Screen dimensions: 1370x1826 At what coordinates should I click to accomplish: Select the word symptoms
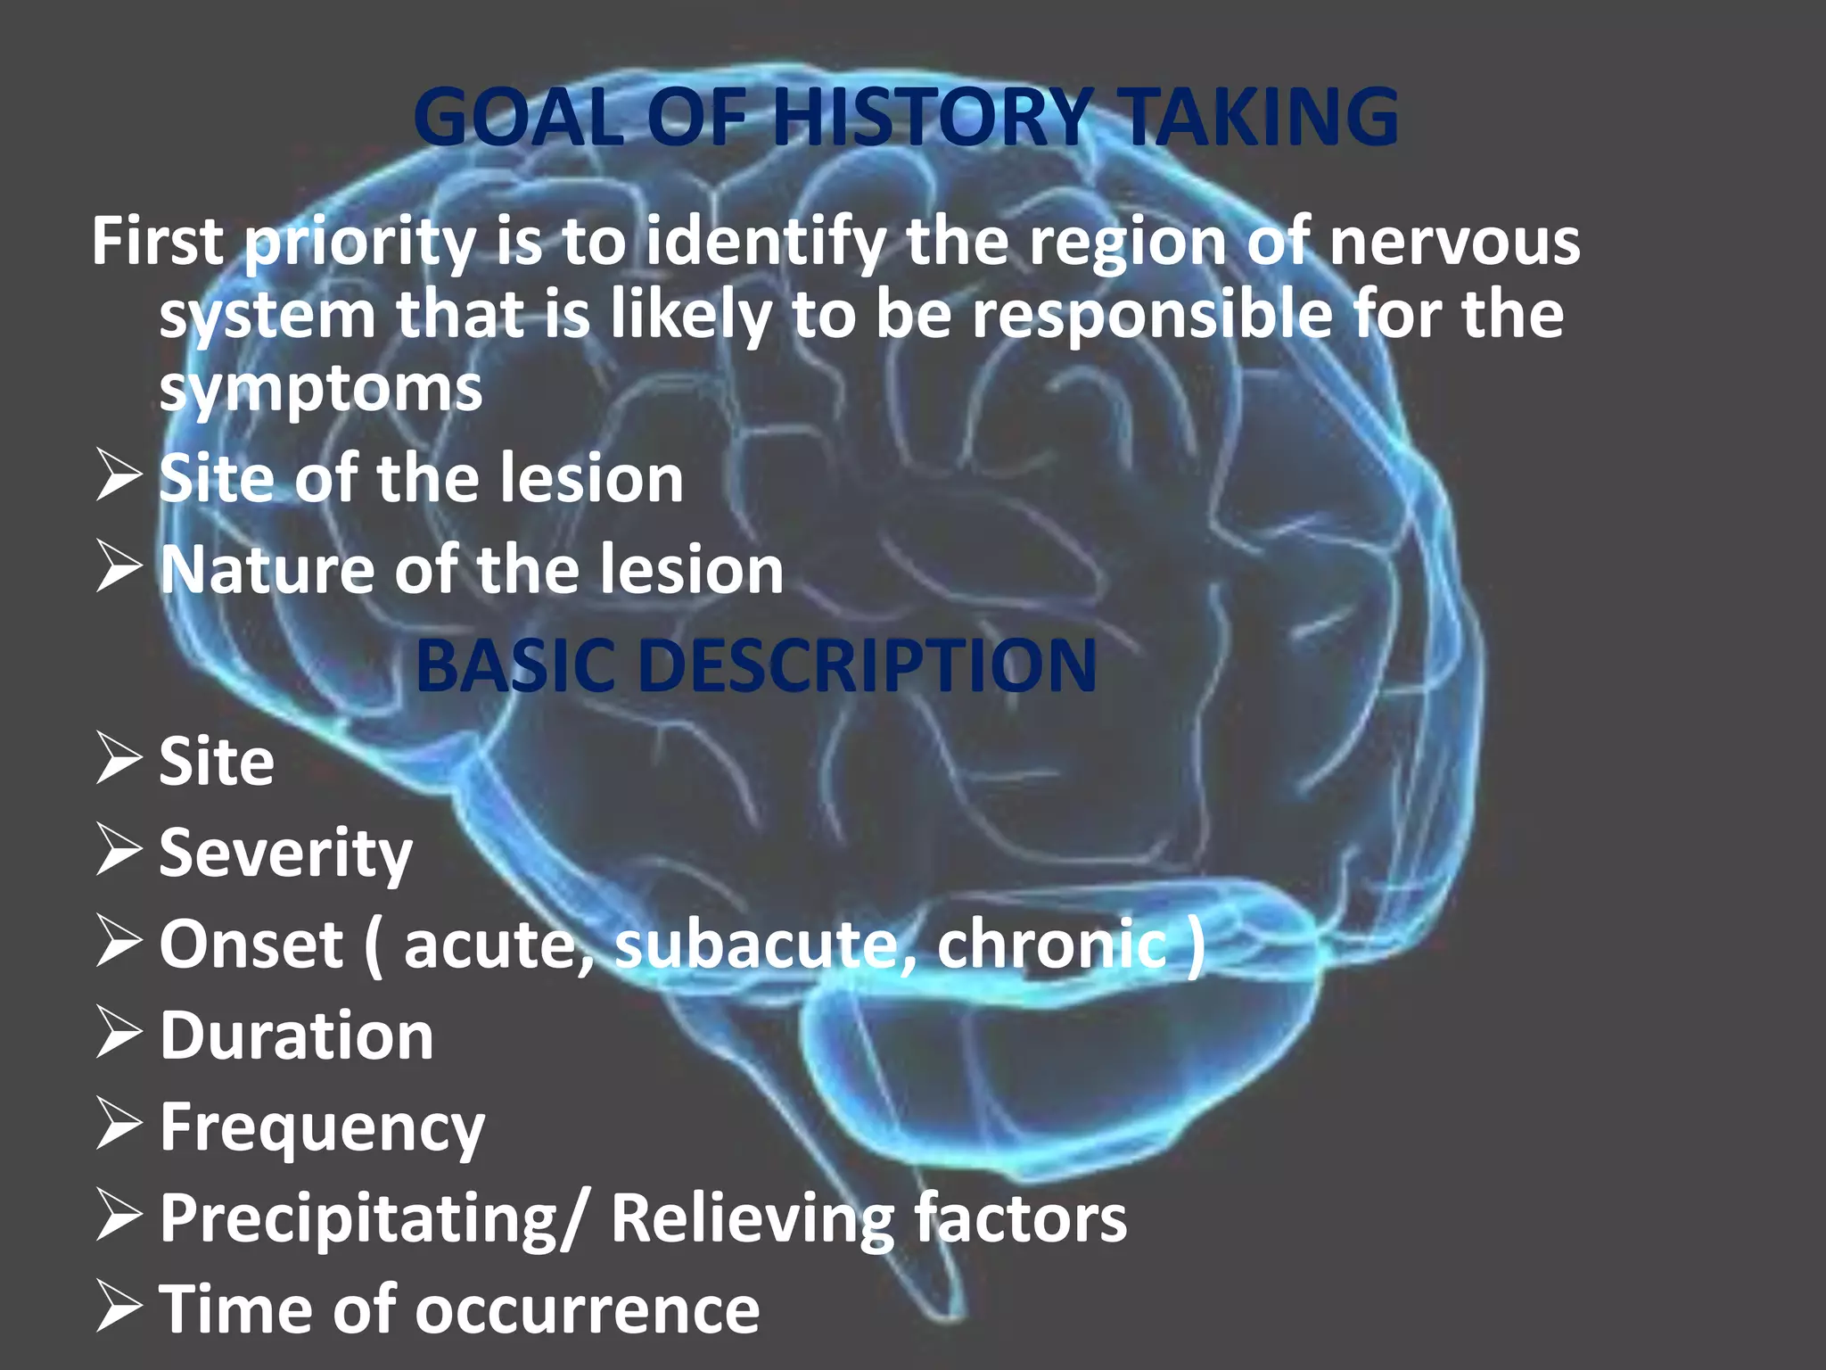[321, 390]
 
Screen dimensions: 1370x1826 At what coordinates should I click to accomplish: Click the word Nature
[267, 570]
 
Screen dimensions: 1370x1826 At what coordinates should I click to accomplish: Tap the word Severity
[285, 854]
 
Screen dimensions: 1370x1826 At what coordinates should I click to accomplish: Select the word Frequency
[322, 1129]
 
